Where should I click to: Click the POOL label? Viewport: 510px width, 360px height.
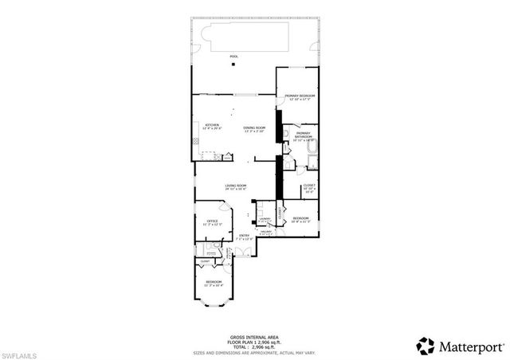(x=233, y=57)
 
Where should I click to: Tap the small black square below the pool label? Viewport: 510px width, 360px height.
(x=233, y=65)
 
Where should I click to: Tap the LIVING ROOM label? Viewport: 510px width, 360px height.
(x=235, y=187)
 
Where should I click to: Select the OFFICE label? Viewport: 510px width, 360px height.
(x=213, y=222)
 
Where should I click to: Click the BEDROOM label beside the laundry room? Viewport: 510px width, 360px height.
(x=300, y=219)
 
